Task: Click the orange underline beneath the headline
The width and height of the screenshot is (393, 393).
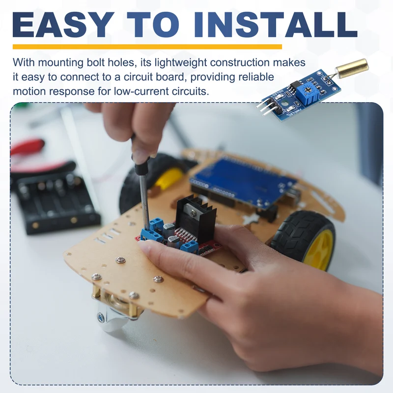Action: [147, 47]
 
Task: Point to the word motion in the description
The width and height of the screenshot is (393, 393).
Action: [29, 91]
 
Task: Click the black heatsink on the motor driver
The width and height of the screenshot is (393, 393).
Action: [195, 219]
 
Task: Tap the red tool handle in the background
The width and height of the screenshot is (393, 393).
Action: [28, 147]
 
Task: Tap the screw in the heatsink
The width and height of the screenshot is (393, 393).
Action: [193, 213]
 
